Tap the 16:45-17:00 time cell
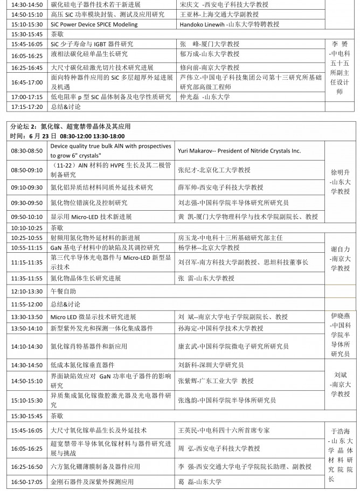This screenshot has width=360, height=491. [x=27, y=82]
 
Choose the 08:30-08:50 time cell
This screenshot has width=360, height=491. [x=27, y=151]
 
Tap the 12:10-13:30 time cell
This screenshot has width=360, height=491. [x=27, y=291]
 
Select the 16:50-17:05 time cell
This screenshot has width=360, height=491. [x=27, y=482]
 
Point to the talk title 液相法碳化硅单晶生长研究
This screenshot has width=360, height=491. [x=89, y=54]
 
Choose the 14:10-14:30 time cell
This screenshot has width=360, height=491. [x=27, y=348]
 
